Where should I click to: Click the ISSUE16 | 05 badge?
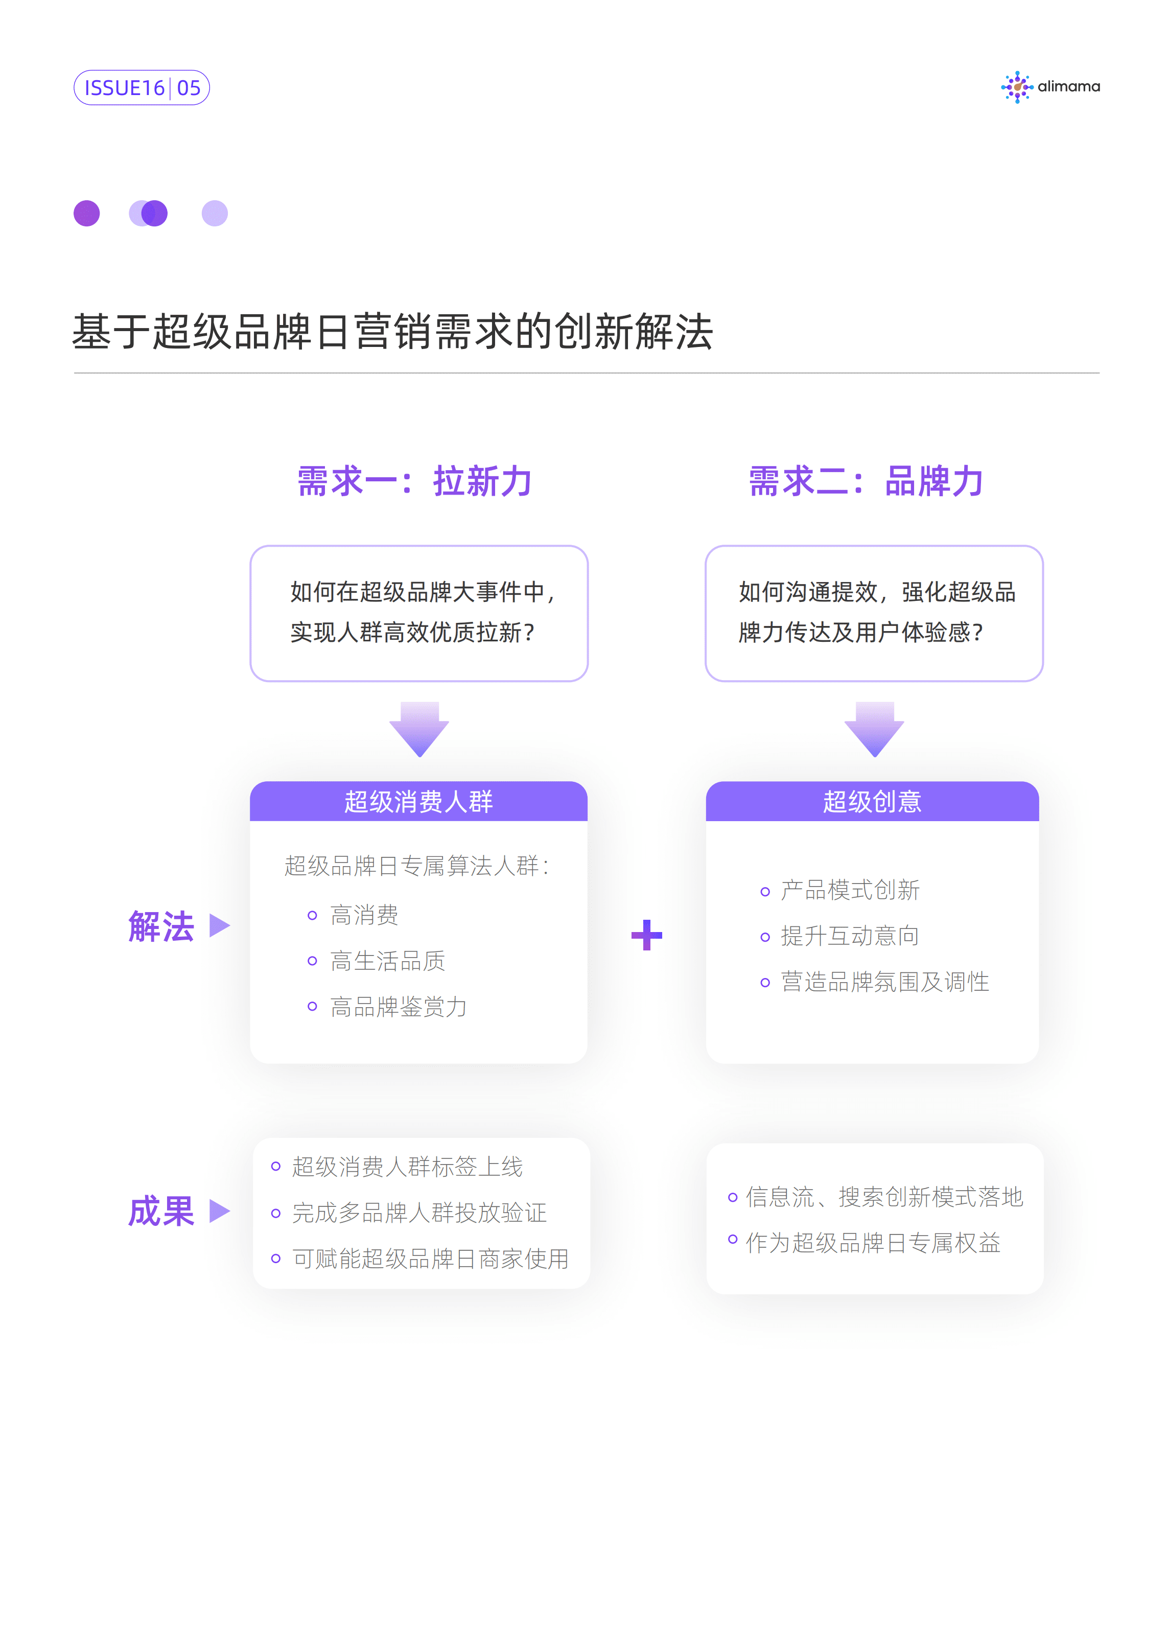pyautogui.click(x=142, y=88)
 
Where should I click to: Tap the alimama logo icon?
pyautogui.click(x=1016, y=87)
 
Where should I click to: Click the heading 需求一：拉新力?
pyautogui.click(x=415, y=481)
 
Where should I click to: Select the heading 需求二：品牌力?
pyautogui.click(x=866, y=481)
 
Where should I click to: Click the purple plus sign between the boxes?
pyautogui.click(x=646, y=935)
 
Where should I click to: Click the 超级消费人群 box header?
pyautogui.click(x=418, y=801)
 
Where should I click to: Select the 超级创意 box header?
pyautogui.click(x=872, y=801)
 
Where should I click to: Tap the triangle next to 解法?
pyautogui.click(x=219, y=925)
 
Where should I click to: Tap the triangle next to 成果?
pyautogui.click(x=219, y=1211)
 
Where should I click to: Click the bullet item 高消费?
pyautogui.click(x=364, y=915)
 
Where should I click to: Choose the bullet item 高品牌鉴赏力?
pyautogui.click(x=399, y=1007)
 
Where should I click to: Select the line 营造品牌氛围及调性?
pyautogui.click(x=884, y=982)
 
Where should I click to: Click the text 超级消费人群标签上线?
pyautogui.click(x=407, y=1167)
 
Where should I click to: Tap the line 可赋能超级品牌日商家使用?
pyautogui.click(x=430, y=1259)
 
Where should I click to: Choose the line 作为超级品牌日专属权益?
pyautogui.click(x=872, y=1243)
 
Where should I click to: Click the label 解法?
pyautogui.click(x=161, y=926)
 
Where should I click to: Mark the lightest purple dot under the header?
pyautogui.click(x=214, y=214)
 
